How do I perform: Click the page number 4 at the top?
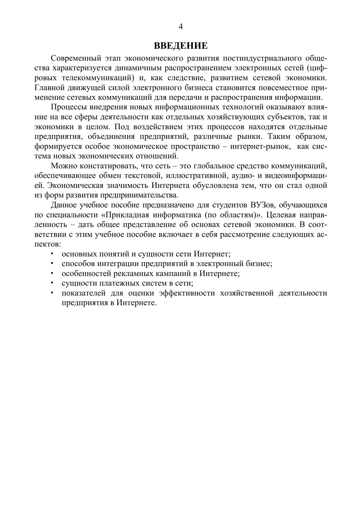181,27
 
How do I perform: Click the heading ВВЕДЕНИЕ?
181,46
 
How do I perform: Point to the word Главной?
49,88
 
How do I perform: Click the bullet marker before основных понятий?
52,254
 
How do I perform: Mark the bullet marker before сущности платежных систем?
52,283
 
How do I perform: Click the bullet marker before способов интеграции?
52,263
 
